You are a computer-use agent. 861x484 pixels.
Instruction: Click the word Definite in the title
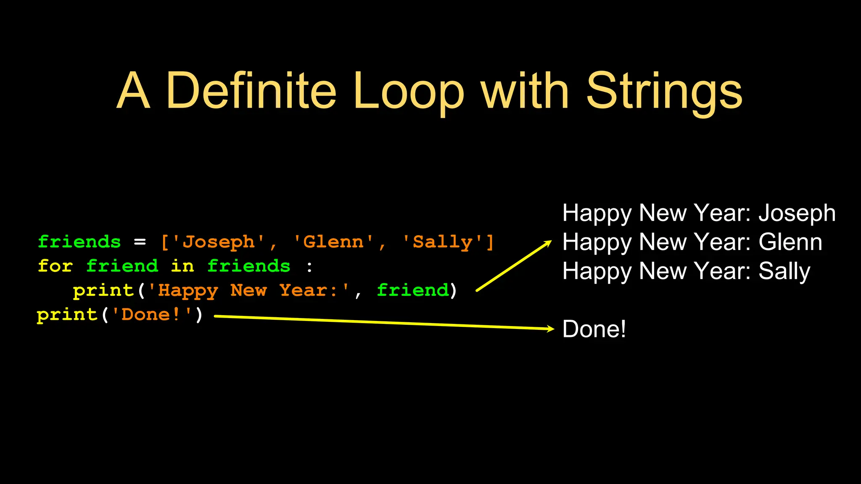(251, 90)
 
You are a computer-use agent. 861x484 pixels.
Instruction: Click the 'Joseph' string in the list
(219, 242)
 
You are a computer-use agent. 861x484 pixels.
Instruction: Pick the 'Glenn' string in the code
(333, 242)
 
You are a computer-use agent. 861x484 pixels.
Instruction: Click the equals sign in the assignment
(140, 242)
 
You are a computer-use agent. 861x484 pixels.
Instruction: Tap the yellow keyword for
(55, 266)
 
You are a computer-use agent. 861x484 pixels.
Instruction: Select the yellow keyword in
(182, 266)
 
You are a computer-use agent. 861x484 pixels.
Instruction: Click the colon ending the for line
(309, 266)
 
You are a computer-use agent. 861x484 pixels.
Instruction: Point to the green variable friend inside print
(412, 290)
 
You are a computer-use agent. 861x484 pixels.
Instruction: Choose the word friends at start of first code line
(79, 242)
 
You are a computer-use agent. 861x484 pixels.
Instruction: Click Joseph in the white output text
(797, 213)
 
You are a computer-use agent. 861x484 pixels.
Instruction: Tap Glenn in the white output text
(790, 242)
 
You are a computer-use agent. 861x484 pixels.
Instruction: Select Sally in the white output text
(784, 271)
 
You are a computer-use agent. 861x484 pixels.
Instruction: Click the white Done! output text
(594, 329)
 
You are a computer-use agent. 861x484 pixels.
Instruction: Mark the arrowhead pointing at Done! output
(551, 329)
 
